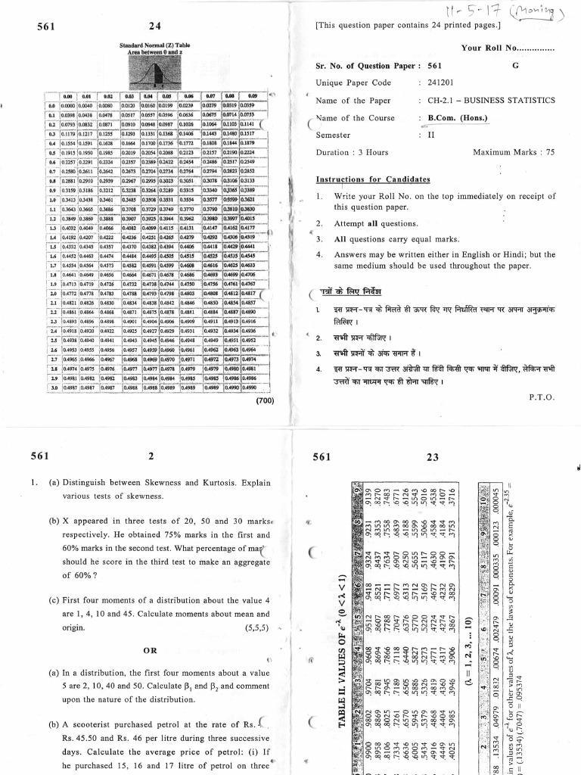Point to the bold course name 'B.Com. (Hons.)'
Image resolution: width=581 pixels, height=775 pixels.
click(456, 118)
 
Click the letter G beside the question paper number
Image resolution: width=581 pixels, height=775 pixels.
click(515, 66)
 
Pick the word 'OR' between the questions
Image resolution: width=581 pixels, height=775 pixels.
click(149, 650)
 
